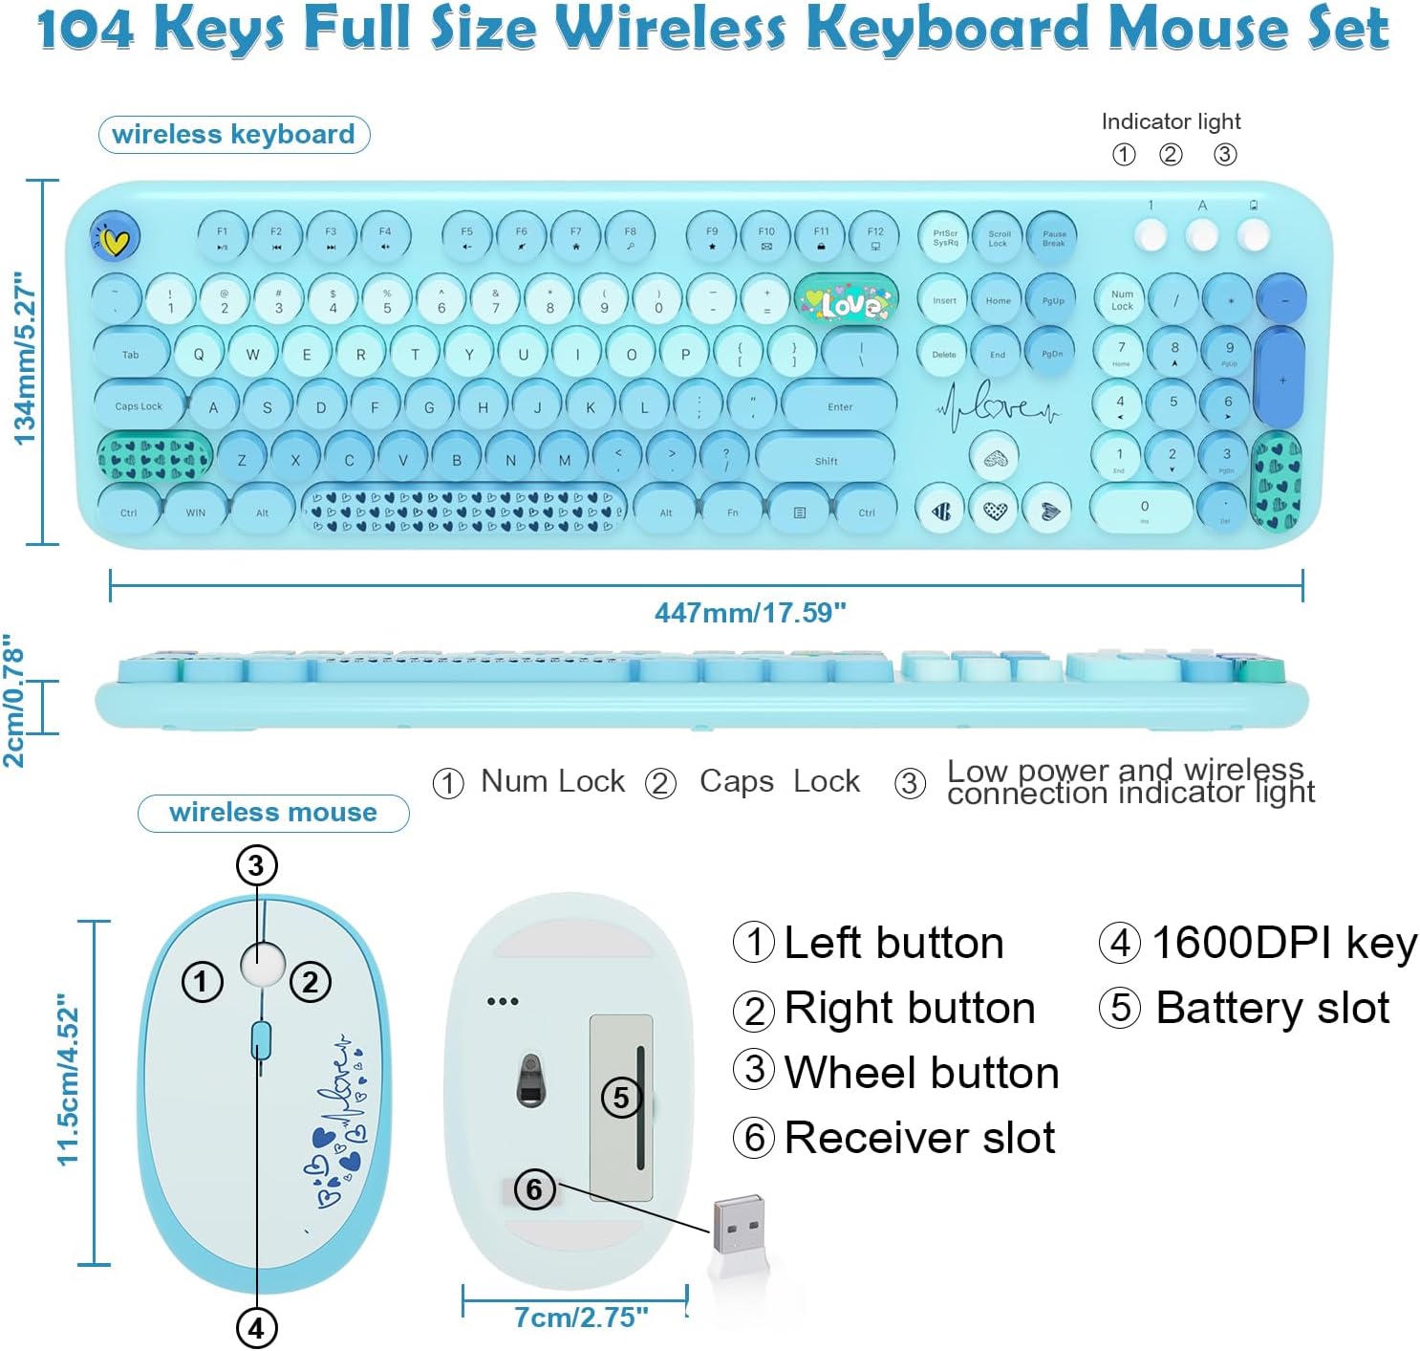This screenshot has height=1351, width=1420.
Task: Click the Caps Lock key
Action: click(x=139, y=405)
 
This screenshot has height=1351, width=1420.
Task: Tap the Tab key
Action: click(x=131, y=354)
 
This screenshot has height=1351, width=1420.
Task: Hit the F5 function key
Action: click(x=466, y=237)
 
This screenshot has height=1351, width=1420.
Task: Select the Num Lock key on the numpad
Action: click(x=1122, y=300)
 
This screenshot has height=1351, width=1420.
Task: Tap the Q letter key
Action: click(x=199, y=354)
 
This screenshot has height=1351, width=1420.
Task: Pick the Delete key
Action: click(x=943, y=354)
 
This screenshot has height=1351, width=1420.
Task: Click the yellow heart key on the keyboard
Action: click(x=116, y=239)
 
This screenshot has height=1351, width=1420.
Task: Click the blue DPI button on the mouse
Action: click(x=261, y=1040)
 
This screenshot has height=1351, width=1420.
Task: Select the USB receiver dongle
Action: click(x=738, y=1224)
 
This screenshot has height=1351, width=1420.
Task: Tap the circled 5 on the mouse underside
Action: click(x=621, y=1097)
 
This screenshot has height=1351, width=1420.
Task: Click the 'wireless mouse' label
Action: click(x=273, y=812)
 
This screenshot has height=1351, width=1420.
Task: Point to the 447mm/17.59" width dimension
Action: click(x=750, y=612)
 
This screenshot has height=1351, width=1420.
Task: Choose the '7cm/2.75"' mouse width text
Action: click(x=581, y=1317)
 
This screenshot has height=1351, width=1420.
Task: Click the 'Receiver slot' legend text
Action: click(x=919, y=1138)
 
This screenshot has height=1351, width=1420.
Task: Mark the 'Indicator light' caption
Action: click(x=1171, y=121)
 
